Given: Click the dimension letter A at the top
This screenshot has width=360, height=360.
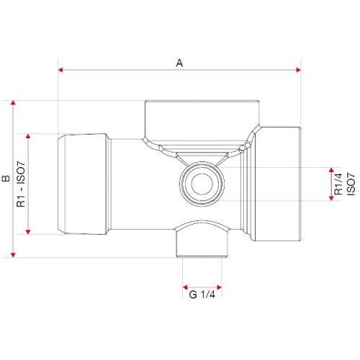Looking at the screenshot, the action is coord(179,63).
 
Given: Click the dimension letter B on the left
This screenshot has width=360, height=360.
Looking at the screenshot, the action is coord(6,179).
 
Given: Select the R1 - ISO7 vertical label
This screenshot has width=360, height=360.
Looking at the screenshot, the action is coord(21,184).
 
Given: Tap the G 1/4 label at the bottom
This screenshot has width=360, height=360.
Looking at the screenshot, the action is coord(202,294).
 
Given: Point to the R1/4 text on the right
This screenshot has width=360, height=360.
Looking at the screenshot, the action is coord(338,184).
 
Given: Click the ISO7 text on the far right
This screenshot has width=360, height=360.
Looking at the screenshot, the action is coord(351,184).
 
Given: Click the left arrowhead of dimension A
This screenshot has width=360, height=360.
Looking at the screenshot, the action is coord(60,70).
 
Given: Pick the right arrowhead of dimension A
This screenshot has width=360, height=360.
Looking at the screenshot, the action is coord(298,70).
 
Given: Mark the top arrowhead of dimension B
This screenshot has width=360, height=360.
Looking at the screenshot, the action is coord(13,103).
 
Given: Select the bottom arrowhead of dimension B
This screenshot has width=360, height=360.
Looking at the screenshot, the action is coord(13,255).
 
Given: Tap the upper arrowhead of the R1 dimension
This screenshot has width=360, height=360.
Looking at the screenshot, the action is coord(28,136).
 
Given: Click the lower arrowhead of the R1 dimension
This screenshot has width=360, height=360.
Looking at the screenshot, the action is coord(28,232).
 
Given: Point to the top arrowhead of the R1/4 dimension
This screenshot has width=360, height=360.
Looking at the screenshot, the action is coord(331,170).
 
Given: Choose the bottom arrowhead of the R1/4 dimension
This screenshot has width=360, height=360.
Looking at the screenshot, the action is coord(331,198).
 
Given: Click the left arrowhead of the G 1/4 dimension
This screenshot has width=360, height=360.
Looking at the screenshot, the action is coord(185,287).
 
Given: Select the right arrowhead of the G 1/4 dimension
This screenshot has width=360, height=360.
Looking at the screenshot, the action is coord(219,287).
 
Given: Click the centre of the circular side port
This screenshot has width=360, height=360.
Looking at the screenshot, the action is coord(202,184).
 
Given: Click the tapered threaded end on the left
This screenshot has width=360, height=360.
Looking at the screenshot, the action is coord(84,184).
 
